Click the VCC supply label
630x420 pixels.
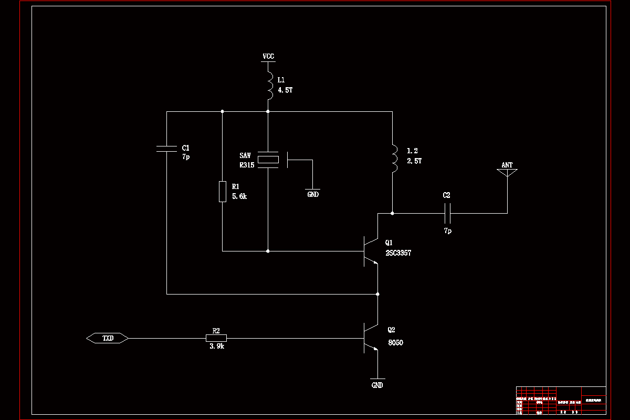click(268, 56)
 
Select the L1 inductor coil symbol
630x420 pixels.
click(269, 85)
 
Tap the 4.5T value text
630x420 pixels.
click(285, 90)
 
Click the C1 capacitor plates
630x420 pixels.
click(167, 149)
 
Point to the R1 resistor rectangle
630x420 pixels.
click(222, 192)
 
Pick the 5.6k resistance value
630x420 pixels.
click(239, 196)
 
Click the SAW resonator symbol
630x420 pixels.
click(269, 160)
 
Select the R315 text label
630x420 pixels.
click(247, 165)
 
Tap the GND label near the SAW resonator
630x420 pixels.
click(313, 194)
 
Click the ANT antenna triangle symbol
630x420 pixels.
click(507, 172)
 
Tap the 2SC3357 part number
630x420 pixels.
click(398, 253)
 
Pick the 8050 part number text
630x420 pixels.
click(396, 343)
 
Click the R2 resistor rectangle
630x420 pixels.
click(216, 339)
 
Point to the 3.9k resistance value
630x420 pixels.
click(216, 347)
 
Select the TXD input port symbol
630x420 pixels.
click(108, 339)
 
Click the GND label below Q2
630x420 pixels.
click(377, 385)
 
